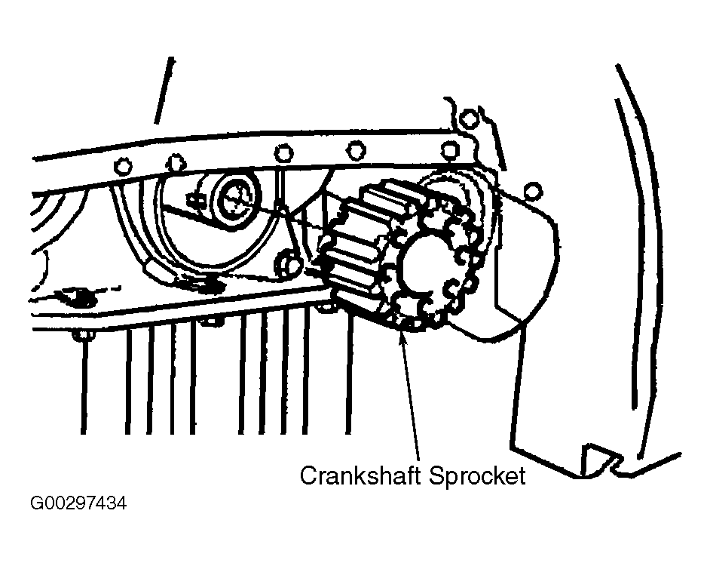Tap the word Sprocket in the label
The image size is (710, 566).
[476, 476]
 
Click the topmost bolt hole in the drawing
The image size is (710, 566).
[468, 118]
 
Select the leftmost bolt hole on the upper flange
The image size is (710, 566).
[123, 164]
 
